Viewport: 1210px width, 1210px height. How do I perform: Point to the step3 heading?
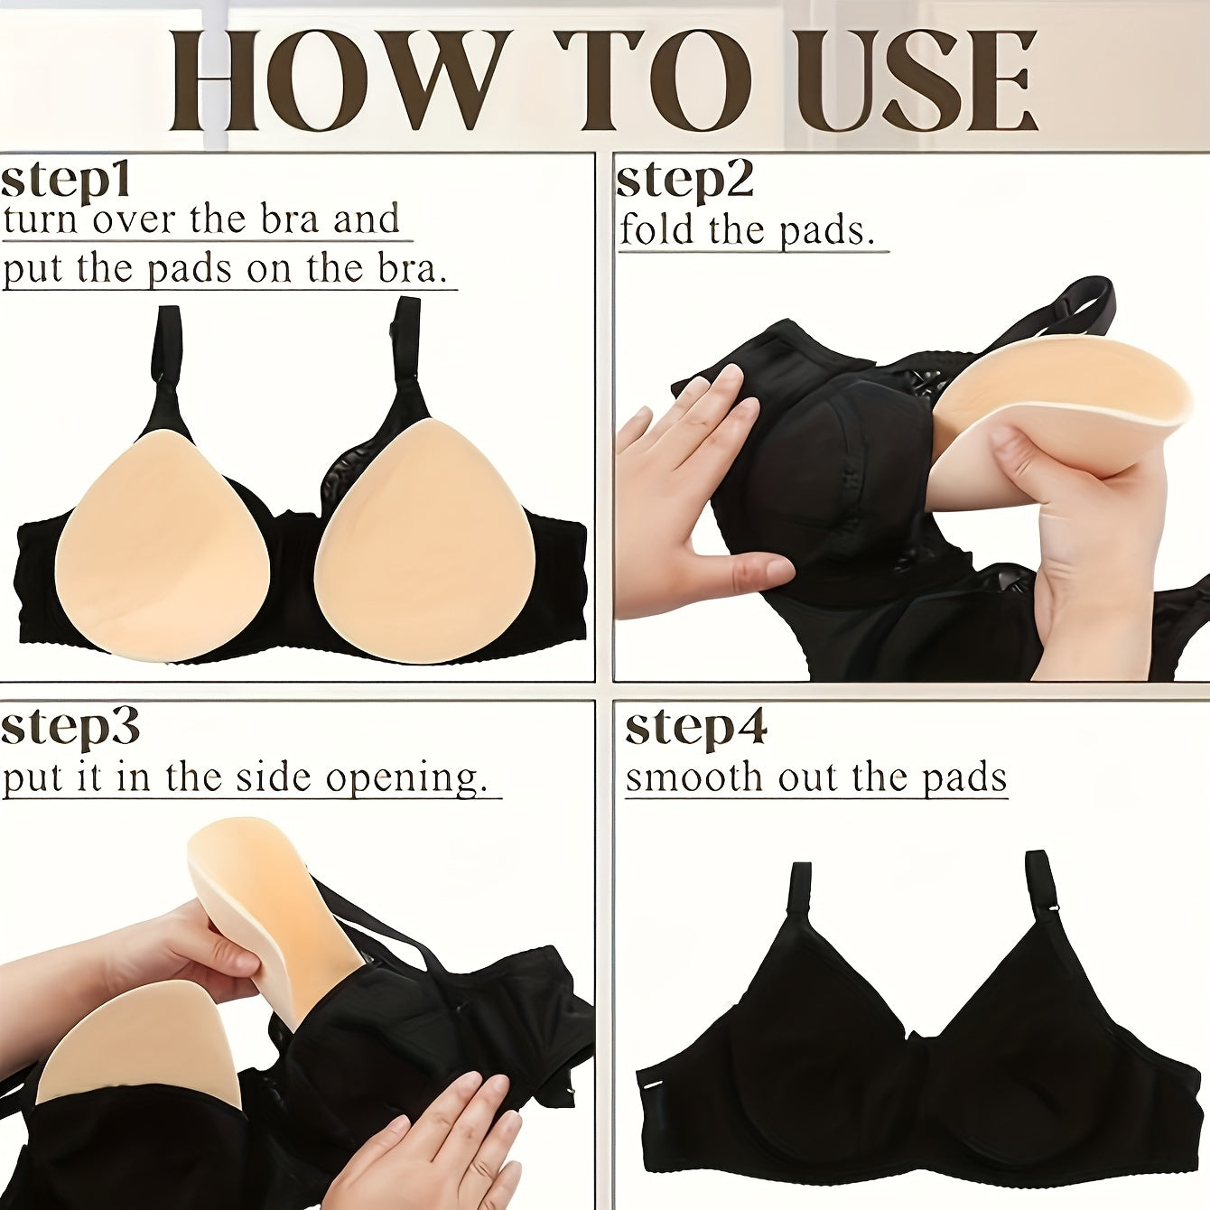pyautogui.click(x=70, y=727)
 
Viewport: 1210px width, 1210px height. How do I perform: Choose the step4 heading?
pyautogui.click(x=695, y=727)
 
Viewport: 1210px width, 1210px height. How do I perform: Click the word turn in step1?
pyautogui.click(x=41, y=219)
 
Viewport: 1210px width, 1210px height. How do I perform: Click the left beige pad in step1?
pyautogui.click(x=158, y=546)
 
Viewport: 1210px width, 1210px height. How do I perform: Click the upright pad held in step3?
pyautogui.click(x=271, y=912)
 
